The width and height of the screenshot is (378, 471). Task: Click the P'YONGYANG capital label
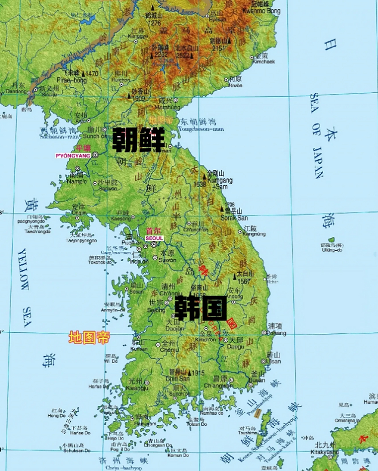coord(73,156)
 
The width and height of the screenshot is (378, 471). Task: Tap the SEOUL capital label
coord(154,238)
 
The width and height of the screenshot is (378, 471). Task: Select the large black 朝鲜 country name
coord(138,140)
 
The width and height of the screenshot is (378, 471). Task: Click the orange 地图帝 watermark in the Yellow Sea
coord(89,337)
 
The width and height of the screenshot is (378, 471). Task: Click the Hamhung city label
coord(165,107)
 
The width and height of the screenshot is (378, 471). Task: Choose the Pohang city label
coord(277,333)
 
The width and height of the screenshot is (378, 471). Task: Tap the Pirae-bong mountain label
coord(72,80)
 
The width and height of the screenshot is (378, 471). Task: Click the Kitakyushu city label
coord(324,451)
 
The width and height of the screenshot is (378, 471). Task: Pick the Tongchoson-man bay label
coord(201,129)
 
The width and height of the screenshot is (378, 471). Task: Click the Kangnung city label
coord(254,234)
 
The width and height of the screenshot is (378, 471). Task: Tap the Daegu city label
coord(235,346)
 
